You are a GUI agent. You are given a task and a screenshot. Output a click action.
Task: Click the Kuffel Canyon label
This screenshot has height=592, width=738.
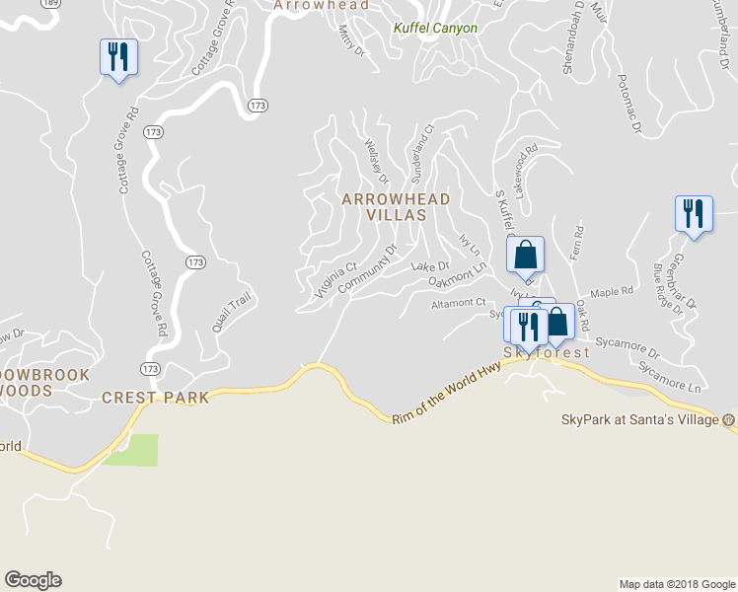click(435, 29)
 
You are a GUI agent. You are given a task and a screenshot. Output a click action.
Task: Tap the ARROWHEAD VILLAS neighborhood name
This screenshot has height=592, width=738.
click(395, 206)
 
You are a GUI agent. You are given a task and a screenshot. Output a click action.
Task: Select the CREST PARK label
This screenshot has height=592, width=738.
click(155, 398)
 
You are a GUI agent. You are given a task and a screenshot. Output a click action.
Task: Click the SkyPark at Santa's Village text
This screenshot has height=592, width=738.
click(640, 419)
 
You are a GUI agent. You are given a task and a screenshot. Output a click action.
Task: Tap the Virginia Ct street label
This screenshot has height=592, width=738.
click(335, 280)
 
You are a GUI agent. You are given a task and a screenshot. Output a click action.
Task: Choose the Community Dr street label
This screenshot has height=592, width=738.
click(366, 268)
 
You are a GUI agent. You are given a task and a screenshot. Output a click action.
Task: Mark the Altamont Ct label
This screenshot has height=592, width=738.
click(459, 304)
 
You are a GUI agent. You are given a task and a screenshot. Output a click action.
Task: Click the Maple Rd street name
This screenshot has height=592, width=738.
click(611, 293)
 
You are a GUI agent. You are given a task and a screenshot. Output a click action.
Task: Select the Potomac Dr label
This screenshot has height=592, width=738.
click(628, 103)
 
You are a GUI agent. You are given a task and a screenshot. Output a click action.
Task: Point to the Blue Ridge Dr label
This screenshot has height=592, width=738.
click(667, 289)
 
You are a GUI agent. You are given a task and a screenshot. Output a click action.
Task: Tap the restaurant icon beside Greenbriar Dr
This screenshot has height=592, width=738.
click(694, 213)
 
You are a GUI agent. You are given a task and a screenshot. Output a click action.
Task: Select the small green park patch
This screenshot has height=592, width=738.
click(130, 450)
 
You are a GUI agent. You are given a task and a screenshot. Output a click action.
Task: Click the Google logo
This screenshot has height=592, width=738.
click(33, 580)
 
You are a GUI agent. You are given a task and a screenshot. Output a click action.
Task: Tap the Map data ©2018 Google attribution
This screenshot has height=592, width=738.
click(677, 584)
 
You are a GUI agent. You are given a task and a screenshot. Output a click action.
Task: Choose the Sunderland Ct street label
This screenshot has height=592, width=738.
click(421, 153)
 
